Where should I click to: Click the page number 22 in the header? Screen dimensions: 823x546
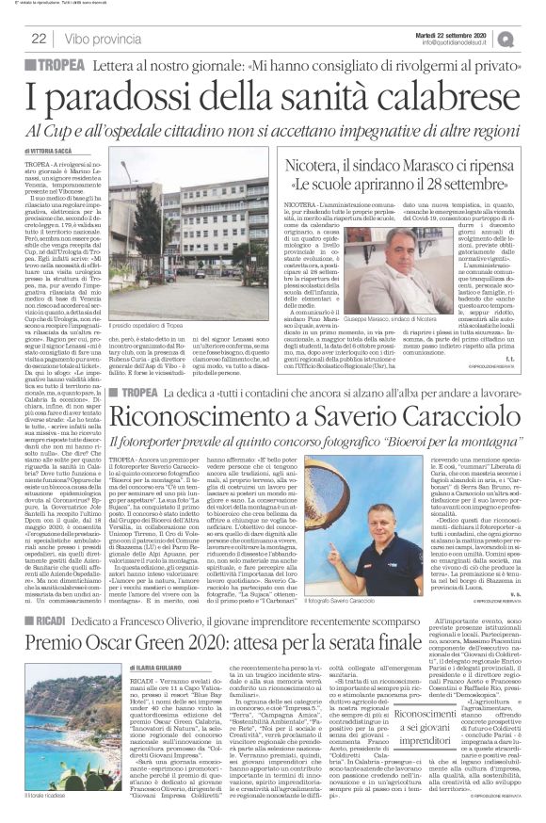tap(39, 39)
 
